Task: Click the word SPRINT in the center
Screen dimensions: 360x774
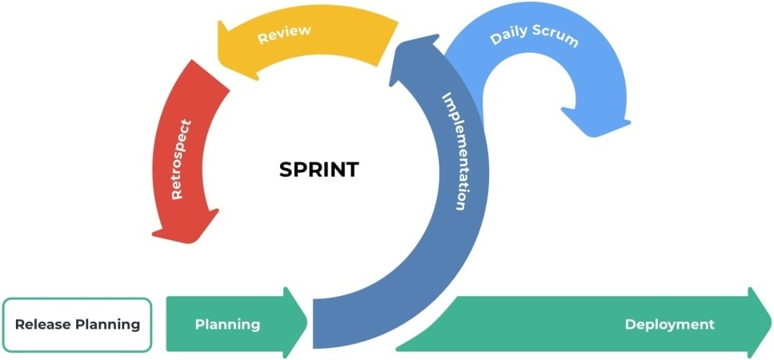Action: point(319,170)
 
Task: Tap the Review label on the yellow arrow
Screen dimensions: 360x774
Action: point(283,34)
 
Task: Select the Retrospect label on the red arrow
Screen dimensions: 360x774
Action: point(182,160)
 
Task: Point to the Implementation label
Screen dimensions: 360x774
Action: point(454,151)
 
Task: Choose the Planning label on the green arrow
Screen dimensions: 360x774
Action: point(227,324)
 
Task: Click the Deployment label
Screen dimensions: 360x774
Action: point(669,324)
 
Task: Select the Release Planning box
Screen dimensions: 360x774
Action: point(77,325)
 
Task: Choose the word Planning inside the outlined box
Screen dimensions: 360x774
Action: point(107,325)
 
